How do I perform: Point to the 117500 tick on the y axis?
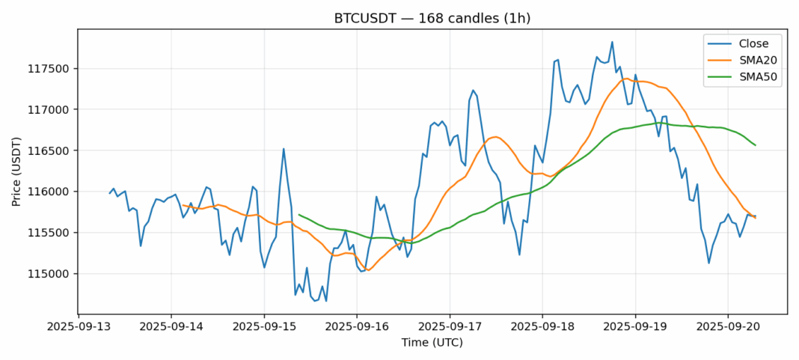point(52,69)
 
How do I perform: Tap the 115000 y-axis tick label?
point(52,273)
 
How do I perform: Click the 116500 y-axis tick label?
point(52,150)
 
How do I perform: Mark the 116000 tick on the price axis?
point(52,192)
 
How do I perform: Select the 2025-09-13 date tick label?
point(79,328)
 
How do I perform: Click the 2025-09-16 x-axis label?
point(357,328)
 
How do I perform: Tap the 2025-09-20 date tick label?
point(728,328)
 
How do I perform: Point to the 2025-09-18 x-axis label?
point(542,328)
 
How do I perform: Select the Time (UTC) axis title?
point(432,343)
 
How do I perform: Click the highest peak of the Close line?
point(612,42)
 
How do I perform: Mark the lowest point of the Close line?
point(326,301)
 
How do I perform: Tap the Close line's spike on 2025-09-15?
point(284,148)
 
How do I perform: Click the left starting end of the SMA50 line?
point(299,215)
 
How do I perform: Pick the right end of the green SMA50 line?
point(756,145)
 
